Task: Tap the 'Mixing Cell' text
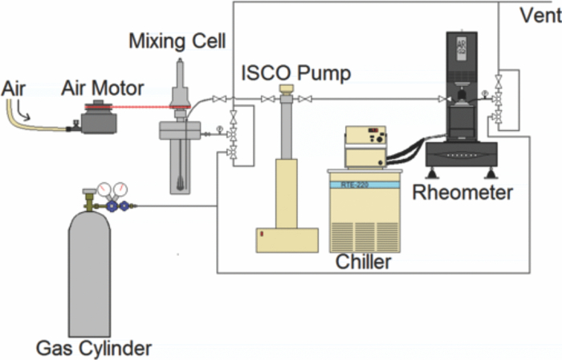coord(178,41)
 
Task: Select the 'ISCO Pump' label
coord(296,75)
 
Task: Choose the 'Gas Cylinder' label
coord(93,348)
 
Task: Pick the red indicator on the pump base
coord(261,234)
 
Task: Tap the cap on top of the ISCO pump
coord(285,88)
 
